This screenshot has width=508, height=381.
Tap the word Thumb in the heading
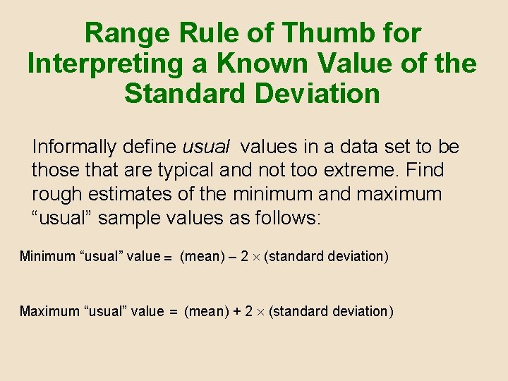[315, 33]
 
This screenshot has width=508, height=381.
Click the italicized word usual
[206, 147]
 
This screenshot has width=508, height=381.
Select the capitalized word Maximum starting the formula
[51, 311]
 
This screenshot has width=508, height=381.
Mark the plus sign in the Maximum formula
[236, 311]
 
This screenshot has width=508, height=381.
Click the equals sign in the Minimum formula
[169, 258]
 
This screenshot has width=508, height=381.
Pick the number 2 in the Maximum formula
[249, 311]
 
